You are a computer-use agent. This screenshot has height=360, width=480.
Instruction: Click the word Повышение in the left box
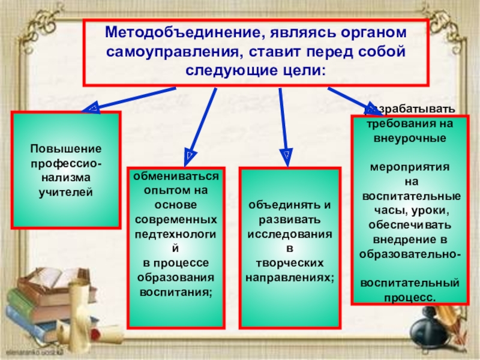(x=66, y=148)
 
